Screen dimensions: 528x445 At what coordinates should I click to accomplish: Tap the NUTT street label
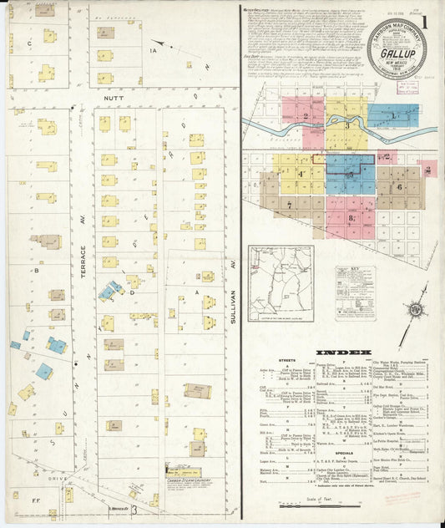tap(114, 97)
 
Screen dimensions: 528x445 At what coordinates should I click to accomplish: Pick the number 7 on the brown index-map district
tap(289, 204)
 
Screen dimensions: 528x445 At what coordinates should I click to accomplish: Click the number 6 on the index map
tap(400, 186)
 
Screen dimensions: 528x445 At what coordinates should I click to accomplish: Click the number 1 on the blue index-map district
tap(392, 114)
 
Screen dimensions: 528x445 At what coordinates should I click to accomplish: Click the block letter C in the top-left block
tap(31, 41)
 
